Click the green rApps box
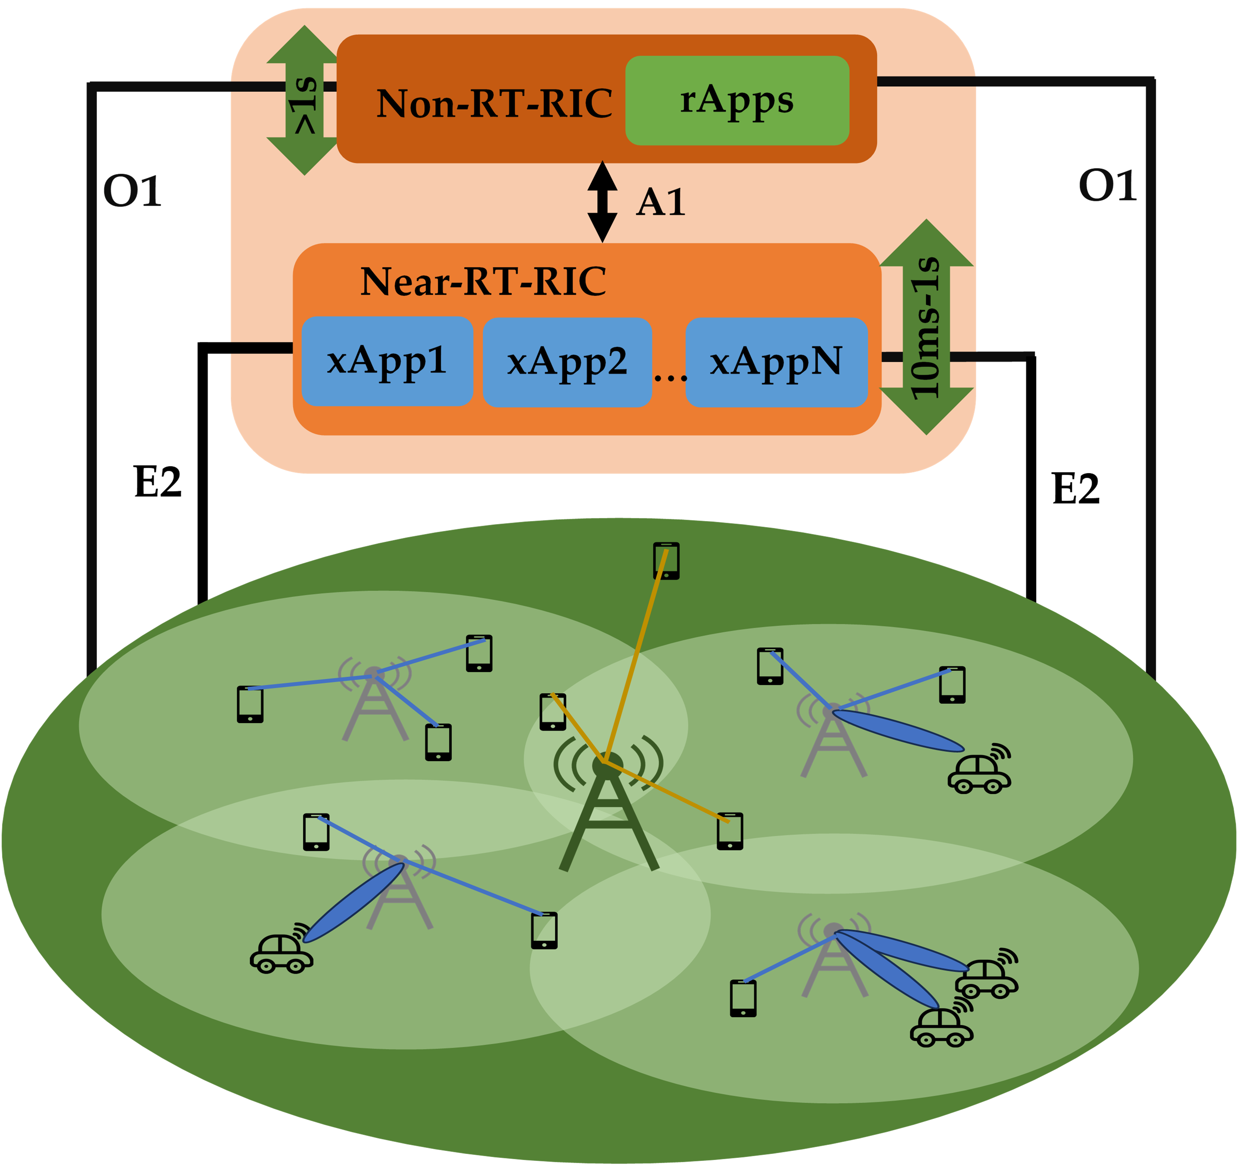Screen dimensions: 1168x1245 pos(737,100)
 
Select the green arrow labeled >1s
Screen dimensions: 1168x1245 pos(304,100)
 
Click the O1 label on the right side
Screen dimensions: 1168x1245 pos(1107,186)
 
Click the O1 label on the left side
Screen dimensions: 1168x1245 pos(133,192)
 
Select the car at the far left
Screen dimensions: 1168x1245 pos(281,953)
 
